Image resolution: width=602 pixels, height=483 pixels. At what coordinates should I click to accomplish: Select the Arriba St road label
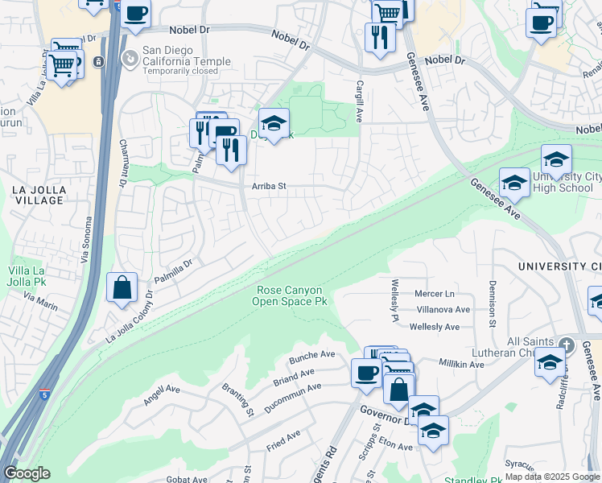(x=269, y=186)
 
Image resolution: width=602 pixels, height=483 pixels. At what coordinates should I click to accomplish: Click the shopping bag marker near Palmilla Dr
(x=122, y=288)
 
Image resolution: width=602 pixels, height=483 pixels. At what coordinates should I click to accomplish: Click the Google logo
(x=27, y=473)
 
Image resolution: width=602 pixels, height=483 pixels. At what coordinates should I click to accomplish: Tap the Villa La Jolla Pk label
(x=27, y=276)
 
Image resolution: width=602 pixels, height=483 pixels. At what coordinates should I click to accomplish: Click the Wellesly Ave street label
(x=435, y=327)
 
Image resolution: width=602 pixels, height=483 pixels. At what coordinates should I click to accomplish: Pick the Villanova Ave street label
(x=443, y=310)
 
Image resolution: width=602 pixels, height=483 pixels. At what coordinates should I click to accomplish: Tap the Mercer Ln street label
(x=435, y=294)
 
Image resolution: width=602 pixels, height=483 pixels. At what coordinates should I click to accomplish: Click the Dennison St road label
(x=491, y=304)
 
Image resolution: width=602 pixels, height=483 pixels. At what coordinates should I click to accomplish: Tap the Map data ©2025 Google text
(x=552, y=477)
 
